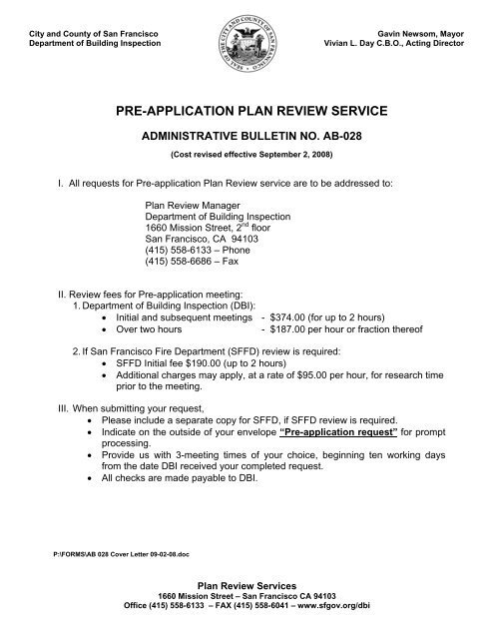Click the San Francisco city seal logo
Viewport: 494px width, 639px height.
[x=247, y=45]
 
